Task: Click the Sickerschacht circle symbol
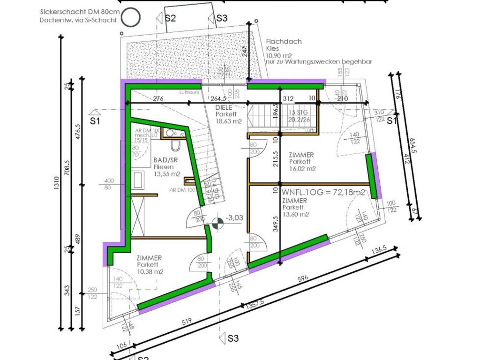coord(131,17)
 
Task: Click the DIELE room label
coord(224,107)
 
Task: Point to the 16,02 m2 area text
coord(302,168)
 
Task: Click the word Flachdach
coord(284,41)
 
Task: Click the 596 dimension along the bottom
coord(303,278)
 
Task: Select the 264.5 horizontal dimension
coord(219,99)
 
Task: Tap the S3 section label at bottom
coord(233,338)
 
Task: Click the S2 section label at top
coord(170,18)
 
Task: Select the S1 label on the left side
coord(96,120)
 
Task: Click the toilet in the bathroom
coord(175,146)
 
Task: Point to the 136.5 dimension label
coord(378,250)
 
